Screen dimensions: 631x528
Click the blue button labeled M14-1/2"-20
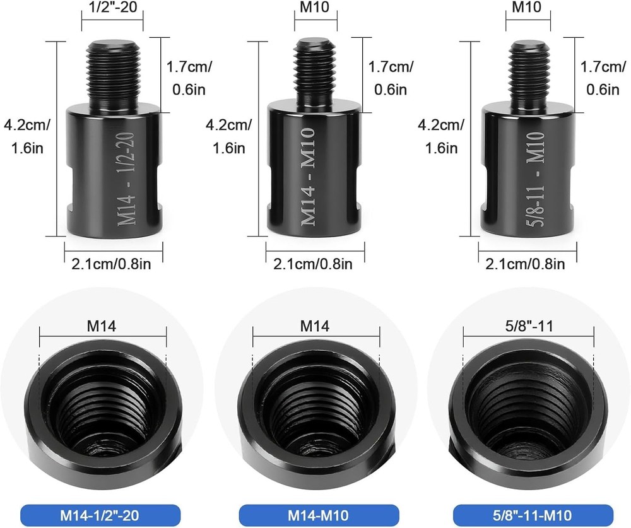pyautogui.click(x=100, y=515)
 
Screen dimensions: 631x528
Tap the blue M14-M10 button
pyautogui.click(x=319, y=515)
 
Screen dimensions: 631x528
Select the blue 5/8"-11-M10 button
pyautogui.click(x=533, y=515)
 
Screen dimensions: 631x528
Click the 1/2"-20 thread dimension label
pyautogui.click(x=112, y=7)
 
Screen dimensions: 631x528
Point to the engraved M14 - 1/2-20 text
pyautogui.click(x=126, y=179)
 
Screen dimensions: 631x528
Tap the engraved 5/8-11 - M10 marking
pyautogui.click(x=536, y=179)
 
